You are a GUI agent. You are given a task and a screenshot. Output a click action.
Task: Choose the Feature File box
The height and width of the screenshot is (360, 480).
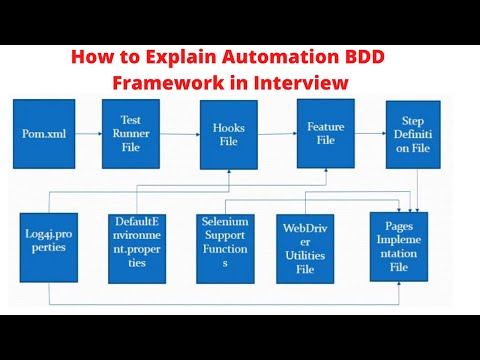click(326, 131)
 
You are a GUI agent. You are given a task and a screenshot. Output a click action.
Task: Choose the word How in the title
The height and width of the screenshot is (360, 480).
click(91, 59)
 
